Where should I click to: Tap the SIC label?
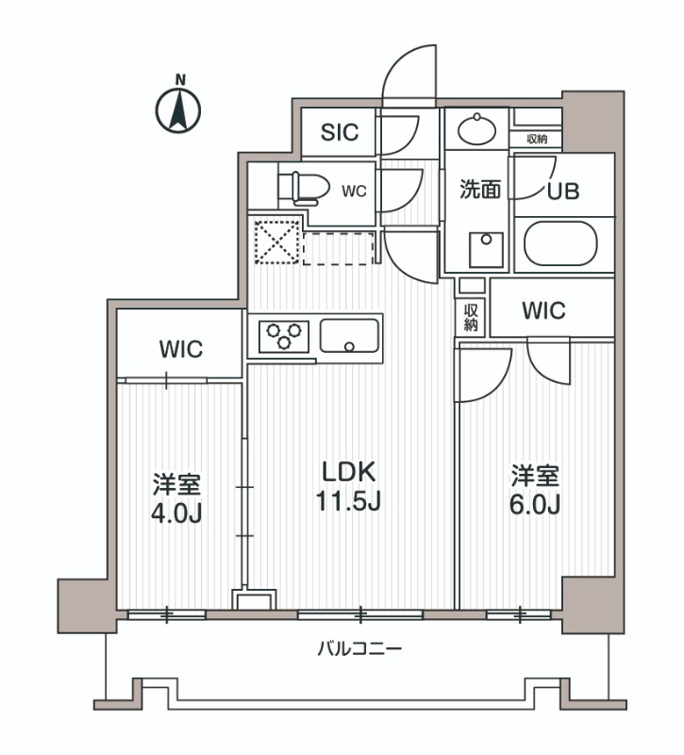(339, 132)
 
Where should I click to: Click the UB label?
(563, 189)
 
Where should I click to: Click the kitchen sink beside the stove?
(349, 335)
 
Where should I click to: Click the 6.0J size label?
(536, 504)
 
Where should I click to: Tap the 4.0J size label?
(177, 512)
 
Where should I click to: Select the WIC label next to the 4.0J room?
(180, 349)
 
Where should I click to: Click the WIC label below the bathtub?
(542, 310)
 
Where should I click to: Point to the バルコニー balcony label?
(359, 649)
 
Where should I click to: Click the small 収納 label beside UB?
(537, 140)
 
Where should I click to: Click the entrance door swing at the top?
(408, 75)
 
